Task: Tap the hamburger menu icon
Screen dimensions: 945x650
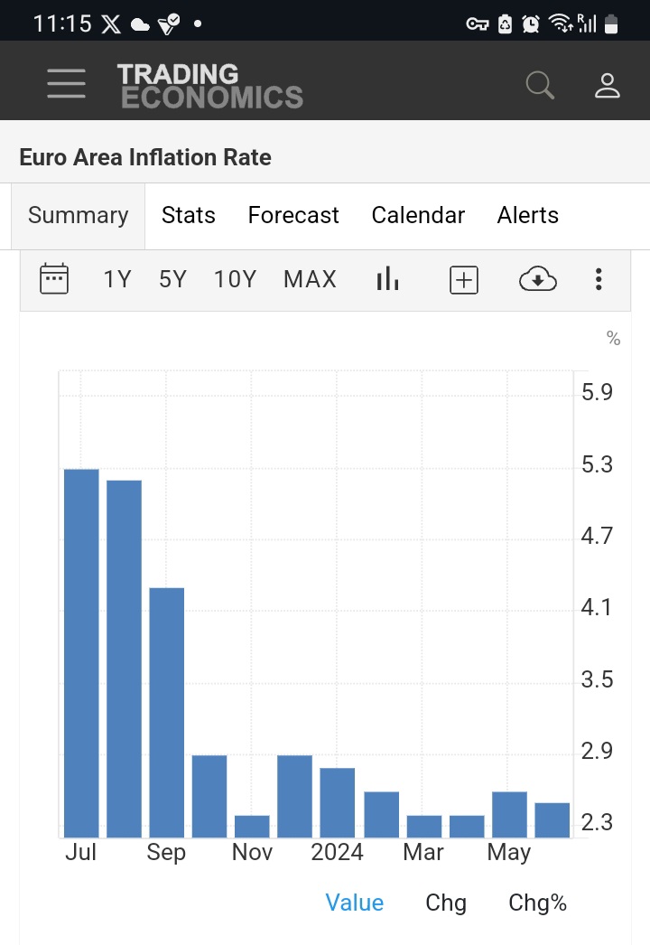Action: click(66, 84)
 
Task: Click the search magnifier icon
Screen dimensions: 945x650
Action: click(540, 85)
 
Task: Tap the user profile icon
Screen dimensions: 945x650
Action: click(607, 85)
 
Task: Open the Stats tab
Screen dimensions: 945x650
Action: click(188, 215)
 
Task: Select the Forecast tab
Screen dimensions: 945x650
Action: click(293, 215)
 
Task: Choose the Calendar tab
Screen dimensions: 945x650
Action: click(418, 215)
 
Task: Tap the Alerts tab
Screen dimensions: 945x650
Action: click(527, 215)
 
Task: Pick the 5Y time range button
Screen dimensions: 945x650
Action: click(172, 280)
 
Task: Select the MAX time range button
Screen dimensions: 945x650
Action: click(310, 280)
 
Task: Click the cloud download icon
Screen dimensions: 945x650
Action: click(537, 280)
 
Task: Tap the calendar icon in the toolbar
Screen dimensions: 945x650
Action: click(54, 279)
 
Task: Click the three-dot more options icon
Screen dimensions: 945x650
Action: click(598, 280)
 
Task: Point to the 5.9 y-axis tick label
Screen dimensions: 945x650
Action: click(597, 392)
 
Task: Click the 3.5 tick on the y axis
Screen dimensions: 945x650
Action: click(597, 679)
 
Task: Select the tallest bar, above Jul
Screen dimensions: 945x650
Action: click(81, 652)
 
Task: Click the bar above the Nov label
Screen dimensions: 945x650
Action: click(252, 826)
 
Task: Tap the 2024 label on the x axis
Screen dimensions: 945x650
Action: click(337, 852)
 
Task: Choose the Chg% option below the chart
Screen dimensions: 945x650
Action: click(537, 903)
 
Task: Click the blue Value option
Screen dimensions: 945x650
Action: click(354, 903)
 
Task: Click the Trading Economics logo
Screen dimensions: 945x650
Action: click(209, 86)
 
